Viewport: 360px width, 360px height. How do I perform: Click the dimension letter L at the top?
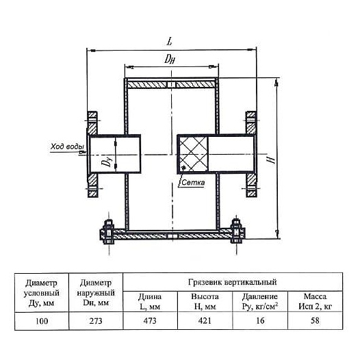[x=169, y=42]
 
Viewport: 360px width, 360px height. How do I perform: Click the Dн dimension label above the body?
[x=170, y=59]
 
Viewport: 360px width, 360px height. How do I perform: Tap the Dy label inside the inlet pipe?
[x=107, y=160]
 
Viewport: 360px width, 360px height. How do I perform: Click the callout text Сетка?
[x=193, y=183]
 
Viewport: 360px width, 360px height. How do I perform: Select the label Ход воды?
[x=68, y=146]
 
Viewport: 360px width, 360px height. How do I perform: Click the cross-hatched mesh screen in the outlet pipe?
[x=193, y=153]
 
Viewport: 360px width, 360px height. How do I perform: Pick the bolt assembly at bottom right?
[x=237, y=231]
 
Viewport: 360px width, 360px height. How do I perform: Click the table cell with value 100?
[x=42, y=321]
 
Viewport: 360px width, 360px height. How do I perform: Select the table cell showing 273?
[x=96, y=321]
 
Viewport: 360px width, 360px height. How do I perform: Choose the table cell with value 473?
[x=150, y=321]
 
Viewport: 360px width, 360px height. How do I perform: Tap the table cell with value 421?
[x=205, y=321]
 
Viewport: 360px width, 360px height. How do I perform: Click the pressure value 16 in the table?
[x=260, y=321]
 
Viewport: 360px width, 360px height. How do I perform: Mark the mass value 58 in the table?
[x=315, y=321]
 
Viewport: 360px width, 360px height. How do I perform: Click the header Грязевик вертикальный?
[x=232, y=282]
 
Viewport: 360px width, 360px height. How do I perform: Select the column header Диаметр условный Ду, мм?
[x=42, y=293]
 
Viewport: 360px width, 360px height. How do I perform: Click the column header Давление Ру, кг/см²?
[x=260, y=301]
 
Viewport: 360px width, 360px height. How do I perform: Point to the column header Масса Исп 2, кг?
[x=315, y=301]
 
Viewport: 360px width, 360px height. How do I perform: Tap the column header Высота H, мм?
[x=205, y=301]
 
